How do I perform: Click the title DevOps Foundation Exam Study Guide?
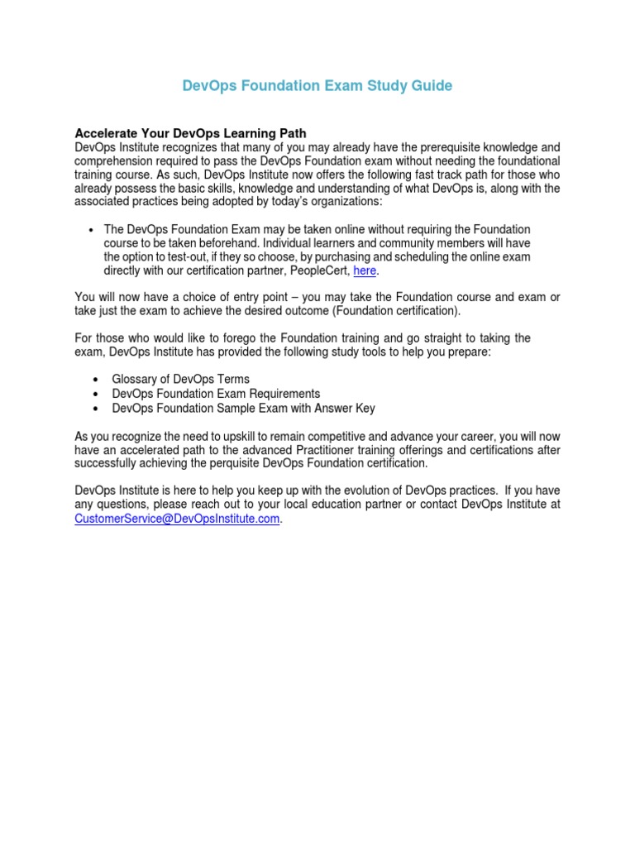point(317,86)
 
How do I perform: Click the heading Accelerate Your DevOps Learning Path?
point(190,133)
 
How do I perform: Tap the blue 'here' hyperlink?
point(365,270)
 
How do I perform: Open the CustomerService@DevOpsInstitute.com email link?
point(178,519)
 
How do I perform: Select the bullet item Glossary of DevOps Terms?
point(180,379)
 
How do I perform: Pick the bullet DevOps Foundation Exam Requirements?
point(216,394)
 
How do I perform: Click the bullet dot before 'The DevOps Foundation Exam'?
point(90,229)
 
